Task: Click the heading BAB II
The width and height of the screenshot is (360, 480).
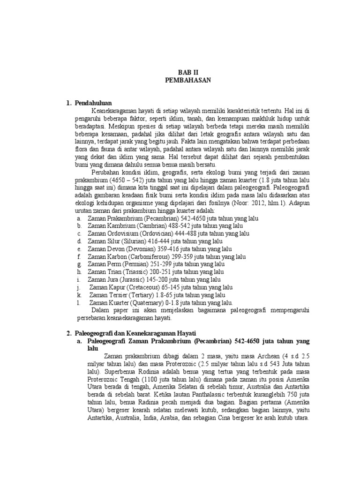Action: coord(188,73)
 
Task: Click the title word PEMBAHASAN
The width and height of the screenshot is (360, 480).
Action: coord(188,80)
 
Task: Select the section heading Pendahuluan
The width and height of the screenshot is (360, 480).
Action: coord(92,103)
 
